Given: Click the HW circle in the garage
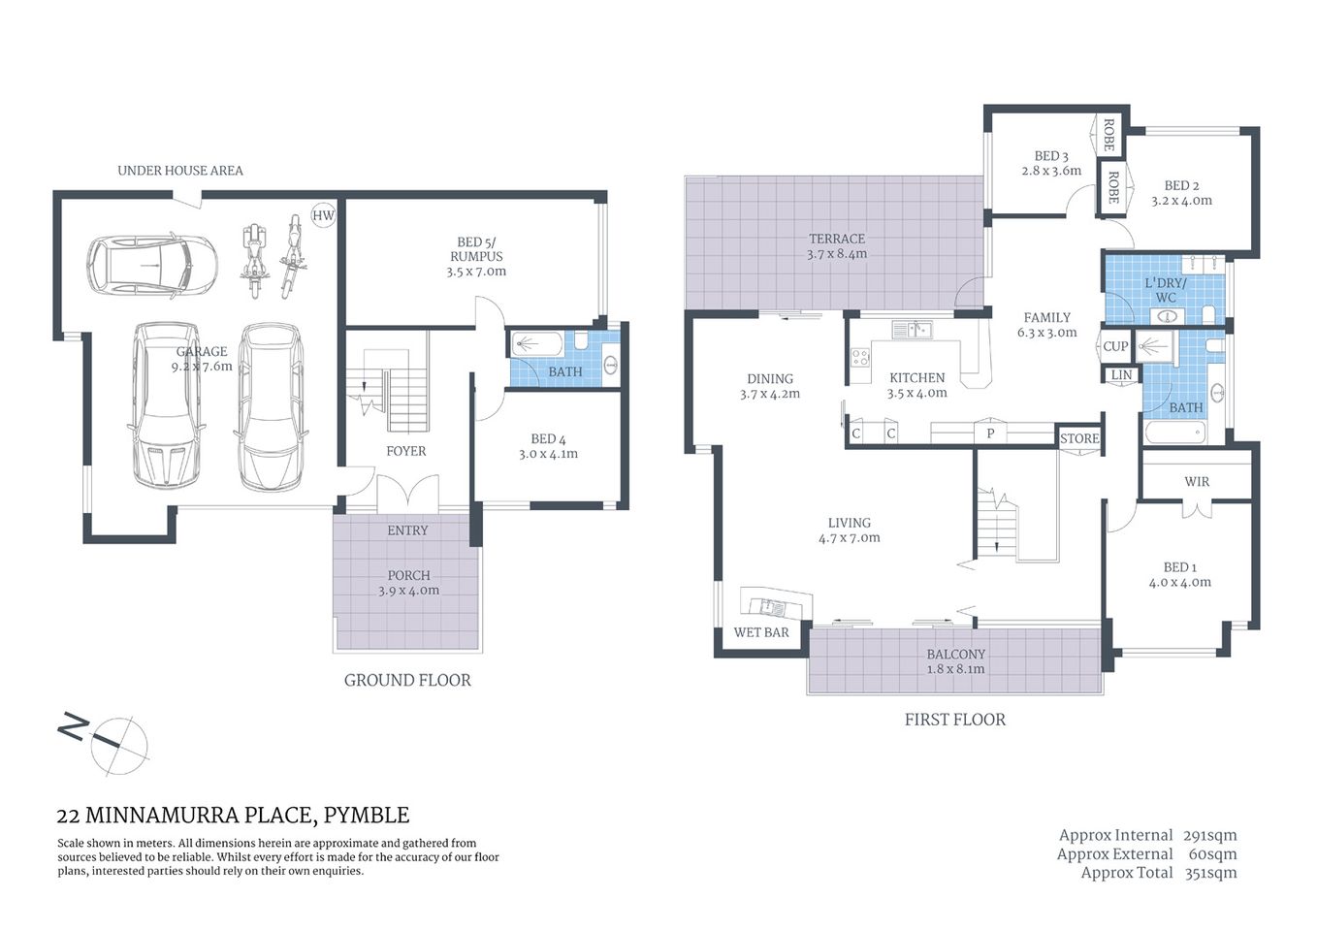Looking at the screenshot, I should [323, 215].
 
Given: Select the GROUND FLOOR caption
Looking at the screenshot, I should [407, 681].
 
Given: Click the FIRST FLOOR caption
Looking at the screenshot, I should [954, 720].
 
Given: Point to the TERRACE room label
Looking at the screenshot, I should [837, 239].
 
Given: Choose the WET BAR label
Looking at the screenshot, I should [761, 632].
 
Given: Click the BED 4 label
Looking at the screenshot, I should [548, 439].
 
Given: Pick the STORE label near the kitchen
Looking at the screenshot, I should [1079, 438].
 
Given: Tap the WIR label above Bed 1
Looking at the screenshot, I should [1197, 482].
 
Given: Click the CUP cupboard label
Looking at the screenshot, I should [1115, 346].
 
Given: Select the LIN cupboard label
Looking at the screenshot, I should [1121, 375].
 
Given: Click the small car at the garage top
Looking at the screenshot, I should [151, 265].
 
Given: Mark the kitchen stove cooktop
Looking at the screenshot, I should [860, 357].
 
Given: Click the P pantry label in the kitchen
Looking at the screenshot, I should [990, 433].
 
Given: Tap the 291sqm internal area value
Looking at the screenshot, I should [1209, 835].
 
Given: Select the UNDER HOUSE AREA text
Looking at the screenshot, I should [180, 171].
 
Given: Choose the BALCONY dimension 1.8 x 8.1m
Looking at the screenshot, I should [955, 669].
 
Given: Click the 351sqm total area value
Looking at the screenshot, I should [1210, 873].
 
